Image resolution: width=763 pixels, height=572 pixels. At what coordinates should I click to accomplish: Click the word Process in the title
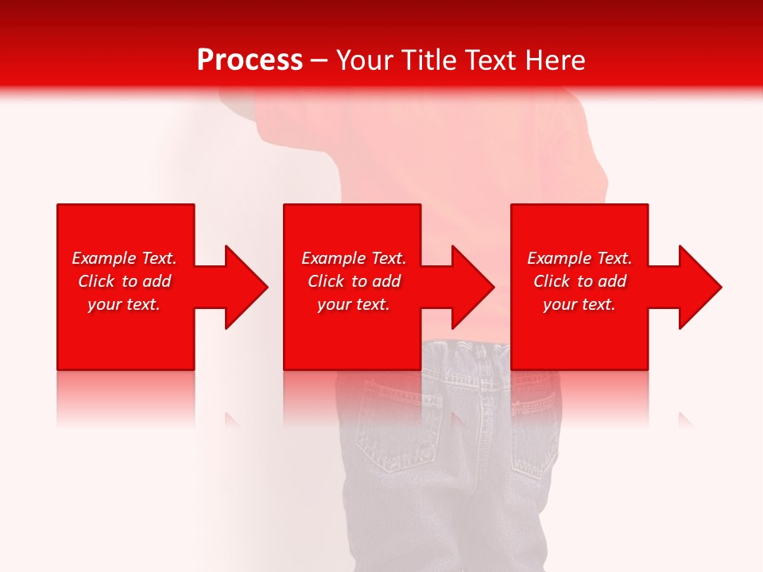tap(250, 60)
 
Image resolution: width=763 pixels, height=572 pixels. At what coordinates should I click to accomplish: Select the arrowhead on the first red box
tap(243, 287)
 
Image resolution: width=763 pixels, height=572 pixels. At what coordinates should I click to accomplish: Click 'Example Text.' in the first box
tap(124, 258)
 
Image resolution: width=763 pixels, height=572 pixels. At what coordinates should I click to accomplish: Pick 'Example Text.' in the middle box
tap(354, 258)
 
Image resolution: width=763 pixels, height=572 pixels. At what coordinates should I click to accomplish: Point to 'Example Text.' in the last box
tap(579, 258)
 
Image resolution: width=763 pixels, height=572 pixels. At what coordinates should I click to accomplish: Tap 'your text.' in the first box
tap(124, 304)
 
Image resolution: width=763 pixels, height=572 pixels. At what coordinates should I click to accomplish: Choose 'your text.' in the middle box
tap(354, 304)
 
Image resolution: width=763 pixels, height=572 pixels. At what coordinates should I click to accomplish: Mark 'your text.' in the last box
tap(579, 304)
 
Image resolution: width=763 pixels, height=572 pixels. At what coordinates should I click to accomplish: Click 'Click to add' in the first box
tap(124, 281)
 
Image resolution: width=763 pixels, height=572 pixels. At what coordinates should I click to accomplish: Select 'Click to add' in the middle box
tap(354, 281)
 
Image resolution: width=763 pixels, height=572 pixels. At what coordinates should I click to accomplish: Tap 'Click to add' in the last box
tap(579, 281)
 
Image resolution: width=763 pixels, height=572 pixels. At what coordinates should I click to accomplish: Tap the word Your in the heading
tap(366, 60)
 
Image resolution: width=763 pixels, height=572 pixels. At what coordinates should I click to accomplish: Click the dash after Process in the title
tap(320, 60)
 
